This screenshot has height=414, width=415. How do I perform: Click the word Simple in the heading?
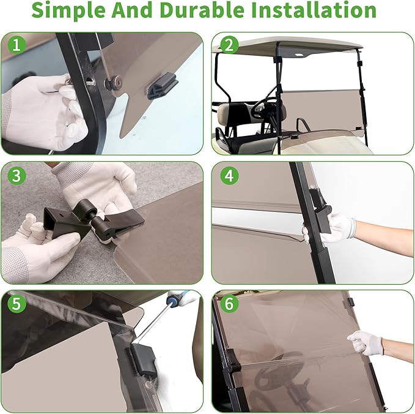point(69,10)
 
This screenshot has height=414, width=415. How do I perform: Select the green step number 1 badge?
point(17,45)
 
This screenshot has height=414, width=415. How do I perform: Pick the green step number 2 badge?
point(229,45)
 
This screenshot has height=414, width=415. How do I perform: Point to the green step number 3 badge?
point(17,175)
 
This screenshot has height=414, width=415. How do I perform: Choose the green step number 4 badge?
point(229,175)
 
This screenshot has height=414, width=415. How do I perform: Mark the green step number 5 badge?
point(17,303)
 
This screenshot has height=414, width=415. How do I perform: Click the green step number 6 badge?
point(229,303)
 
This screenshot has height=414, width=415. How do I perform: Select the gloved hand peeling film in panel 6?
point(366,343)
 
